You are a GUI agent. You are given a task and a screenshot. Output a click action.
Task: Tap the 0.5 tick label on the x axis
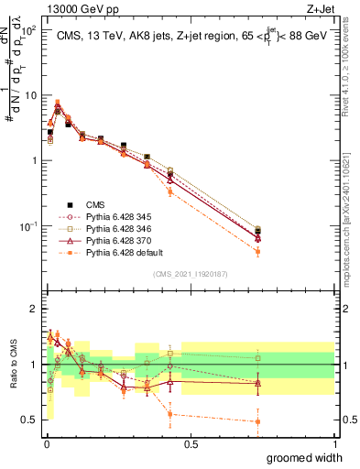[191, 443]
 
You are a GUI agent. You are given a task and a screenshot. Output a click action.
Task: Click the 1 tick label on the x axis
[334, 443]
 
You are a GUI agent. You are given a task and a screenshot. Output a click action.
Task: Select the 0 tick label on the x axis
[47, 443]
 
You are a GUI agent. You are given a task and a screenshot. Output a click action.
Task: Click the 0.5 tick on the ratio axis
[30, 420]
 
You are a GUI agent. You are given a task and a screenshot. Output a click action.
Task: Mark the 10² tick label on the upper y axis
[28, 30]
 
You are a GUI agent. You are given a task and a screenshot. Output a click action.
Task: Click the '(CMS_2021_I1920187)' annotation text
[190, 272]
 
